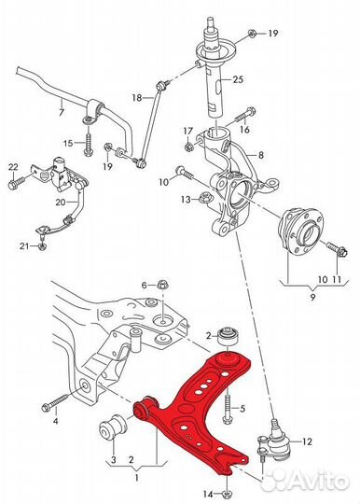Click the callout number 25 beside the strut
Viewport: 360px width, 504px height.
click(x=238, y=79)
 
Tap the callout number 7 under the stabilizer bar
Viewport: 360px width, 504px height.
click(x=62, y=113)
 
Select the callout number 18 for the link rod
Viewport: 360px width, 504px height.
click(x=137, y=97)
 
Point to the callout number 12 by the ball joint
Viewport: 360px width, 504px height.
click(x=307, y=441)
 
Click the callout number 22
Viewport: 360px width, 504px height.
click(x=13, y=167)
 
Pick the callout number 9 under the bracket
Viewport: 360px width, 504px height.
click(x=312, y=297)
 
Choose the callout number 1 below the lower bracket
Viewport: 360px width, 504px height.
click(x=137, y=478)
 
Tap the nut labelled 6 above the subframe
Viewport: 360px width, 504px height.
click(x=162, y=285)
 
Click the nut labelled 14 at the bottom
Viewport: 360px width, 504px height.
click(x=227, y=494)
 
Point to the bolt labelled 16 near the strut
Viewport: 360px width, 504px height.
click(x=246, y=117)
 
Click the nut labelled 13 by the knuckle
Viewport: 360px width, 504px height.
click(x=203, y=198)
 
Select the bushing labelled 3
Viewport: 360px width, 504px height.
click(x=113, y=427)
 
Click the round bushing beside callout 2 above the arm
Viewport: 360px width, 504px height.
click(x=228, y=337)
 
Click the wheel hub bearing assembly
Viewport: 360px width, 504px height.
click(x=299, y=230)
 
